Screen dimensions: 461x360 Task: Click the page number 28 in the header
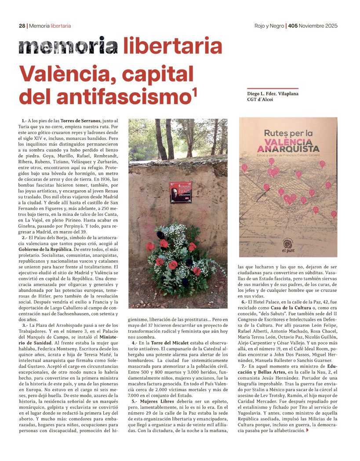click(x=22, y=26)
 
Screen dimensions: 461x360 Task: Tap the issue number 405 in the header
click(x=293, y=26)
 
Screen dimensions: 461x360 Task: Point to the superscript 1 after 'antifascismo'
click(x=194, y=93)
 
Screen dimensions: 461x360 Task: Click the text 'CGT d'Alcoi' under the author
click(x=260, y=100)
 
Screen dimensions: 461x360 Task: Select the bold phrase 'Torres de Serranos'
click(x=74, y=120)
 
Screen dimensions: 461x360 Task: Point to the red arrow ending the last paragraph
click(x=307, y=430)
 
